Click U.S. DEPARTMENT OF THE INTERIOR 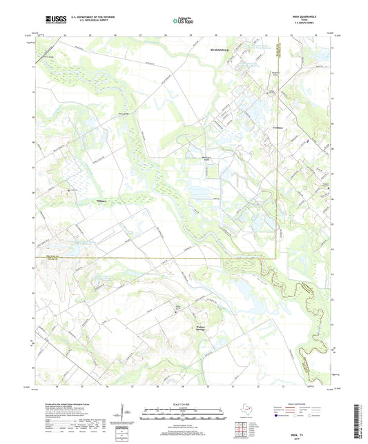(87, 17)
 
